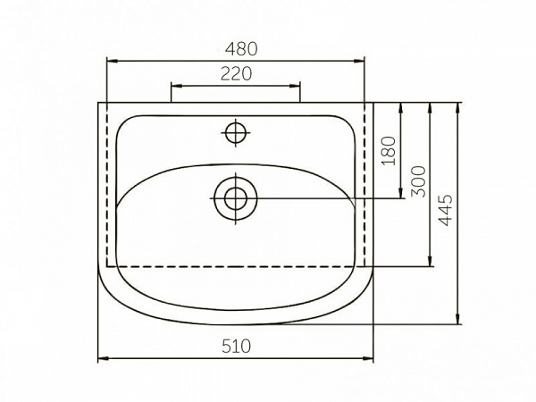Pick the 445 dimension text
[447, 212]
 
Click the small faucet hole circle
[235, 133]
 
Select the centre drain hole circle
[236, 197]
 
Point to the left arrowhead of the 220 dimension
[174, 86]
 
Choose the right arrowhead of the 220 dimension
[297, 86]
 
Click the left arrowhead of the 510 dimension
[100, 359]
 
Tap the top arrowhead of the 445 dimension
[457, 106]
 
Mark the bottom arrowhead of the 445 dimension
[457, 321]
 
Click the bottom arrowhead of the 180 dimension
[402, 194]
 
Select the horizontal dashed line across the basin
[236, 266]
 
